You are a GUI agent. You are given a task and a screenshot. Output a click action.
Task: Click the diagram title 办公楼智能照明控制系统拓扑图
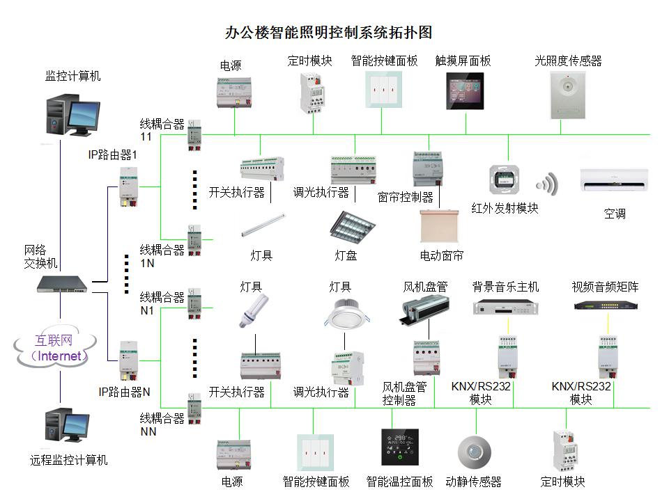click(329, 33)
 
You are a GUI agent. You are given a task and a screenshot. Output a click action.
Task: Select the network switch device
click(63, 283)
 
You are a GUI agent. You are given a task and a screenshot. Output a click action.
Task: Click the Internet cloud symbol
click(55, 349)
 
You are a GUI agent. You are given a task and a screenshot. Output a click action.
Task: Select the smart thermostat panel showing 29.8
click(400, 447)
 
